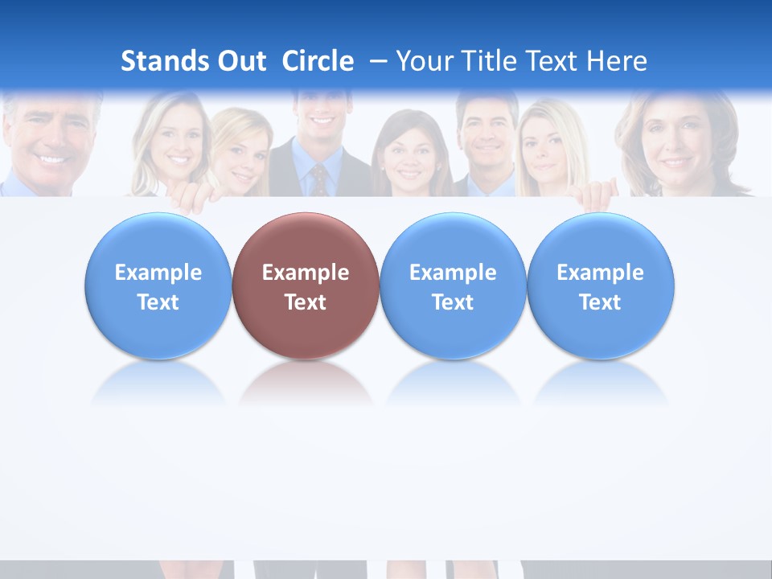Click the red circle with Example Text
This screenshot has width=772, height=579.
pyautogui.click(x=306, y=286)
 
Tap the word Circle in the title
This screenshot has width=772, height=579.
pyautogui.click(x=318, y=61)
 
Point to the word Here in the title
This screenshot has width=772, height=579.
pyautogui.click(x=617, y=61)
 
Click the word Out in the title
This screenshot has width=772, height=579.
pyautogui.click(x=240, y=61)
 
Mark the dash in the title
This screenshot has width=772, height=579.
pyautogui.click(x=379, y=61)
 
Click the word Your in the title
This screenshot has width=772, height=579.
pyautogui.click(x=425, y=61)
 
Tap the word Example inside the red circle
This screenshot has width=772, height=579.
pyautogui.click(x=306, y=273)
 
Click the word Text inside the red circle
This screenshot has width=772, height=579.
pyautogui.click(x=306, y=302)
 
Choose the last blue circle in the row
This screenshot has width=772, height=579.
pyautogui.click(x=600, y=286)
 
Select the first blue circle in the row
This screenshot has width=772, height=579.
pyautogui.click(x=158, y=286)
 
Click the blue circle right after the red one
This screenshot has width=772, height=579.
pyautogui.click(x=453, y=286)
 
